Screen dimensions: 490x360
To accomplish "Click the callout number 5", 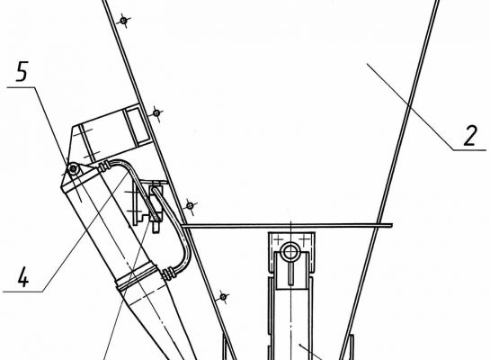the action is pyautogui.click(x=22, y=71).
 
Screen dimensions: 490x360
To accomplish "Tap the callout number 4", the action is pyautogui.click(x=23, y=277).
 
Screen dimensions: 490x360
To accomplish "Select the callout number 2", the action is pyautogui.click(x=471, y=135).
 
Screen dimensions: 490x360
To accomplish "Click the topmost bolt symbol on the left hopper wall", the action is pyautogui.click(x=124, y=21).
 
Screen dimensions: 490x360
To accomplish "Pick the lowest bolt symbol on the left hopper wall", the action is pyautogui.click(x=223, y=296).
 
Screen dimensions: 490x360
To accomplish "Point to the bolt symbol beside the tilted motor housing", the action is pyautogui.click(x=156, y=112).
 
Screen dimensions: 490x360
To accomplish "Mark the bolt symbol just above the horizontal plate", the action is pyautogui.click(x=190, y=206).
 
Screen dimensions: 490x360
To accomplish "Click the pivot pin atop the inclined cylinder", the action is pyautogui.click(x=74, y=169).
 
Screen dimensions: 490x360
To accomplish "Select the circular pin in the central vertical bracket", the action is pyautogui.click(x=290, y=252).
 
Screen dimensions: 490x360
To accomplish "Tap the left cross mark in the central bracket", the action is pyautogui.click(x=278, y=240).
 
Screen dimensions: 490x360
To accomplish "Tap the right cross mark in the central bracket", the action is pyautogui.click(x=304, y=240).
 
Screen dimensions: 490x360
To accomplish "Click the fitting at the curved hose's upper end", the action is pyautogui.click(x=104, y=166).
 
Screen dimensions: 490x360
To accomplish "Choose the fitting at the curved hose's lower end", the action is pyautogui.click(x=169, y=274).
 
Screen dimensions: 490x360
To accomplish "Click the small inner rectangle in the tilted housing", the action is pyautogui.click(x=137, y=125).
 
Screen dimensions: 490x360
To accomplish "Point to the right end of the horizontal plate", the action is pyautogui.click(x=392, y=225).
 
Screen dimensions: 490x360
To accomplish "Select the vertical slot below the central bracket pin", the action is pyautogui.click(x=291, y=273).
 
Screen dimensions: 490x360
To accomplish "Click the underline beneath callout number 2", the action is pyautogui.click(x=469, y=150).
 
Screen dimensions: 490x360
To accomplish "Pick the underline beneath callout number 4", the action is pyautogui.click(x=22, y=292).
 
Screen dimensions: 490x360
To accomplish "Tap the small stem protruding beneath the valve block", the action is pyautogui.click(x=156, y=227).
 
